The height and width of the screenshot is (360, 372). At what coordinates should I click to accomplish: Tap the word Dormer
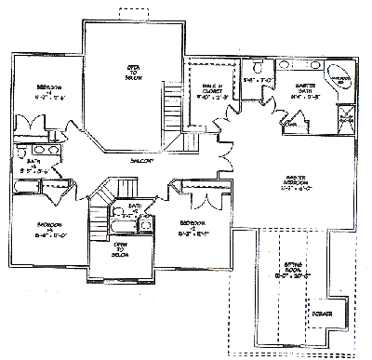tap(325, 311)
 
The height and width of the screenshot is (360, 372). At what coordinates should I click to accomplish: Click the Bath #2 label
tap(136, 208)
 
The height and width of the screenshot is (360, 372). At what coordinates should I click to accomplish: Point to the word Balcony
tap(140, 160)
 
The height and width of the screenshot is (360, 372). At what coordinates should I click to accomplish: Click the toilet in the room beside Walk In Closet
tap(258, 69)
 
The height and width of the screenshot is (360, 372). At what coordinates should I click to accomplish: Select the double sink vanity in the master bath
tap(307, 65)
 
